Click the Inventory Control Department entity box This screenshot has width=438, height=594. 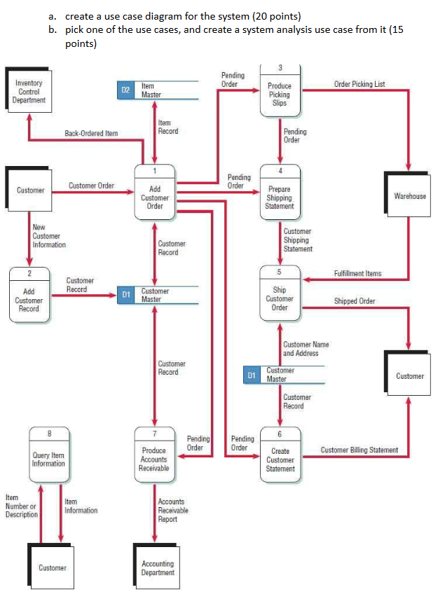[x=29, y=92]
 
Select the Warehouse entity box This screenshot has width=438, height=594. [x=409, y=196]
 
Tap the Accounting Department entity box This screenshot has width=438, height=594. [x=158, y=568]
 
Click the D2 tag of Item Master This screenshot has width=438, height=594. [x=126, y=90]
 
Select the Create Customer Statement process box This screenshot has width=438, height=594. [x=280, y=457]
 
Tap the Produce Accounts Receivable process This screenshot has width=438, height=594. [x=154, y=457]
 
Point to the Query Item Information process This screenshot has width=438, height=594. [x=49, y=457]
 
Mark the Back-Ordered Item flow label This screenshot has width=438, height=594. [x=91, y=132]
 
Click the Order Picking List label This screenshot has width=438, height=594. [x=360, y=84]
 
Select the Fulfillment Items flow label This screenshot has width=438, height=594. [x=357, y=273]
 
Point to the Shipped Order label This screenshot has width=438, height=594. [x=355, y=301]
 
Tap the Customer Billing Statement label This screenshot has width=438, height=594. [x=360, y=450]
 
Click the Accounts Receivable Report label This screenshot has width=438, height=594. [x=172, y=510]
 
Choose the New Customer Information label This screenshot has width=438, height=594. [x=49, y=236]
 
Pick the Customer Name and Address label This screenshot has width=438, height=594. [x=306, y=349]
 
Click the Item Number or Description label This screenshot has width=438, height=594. [x=21, y=506]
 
